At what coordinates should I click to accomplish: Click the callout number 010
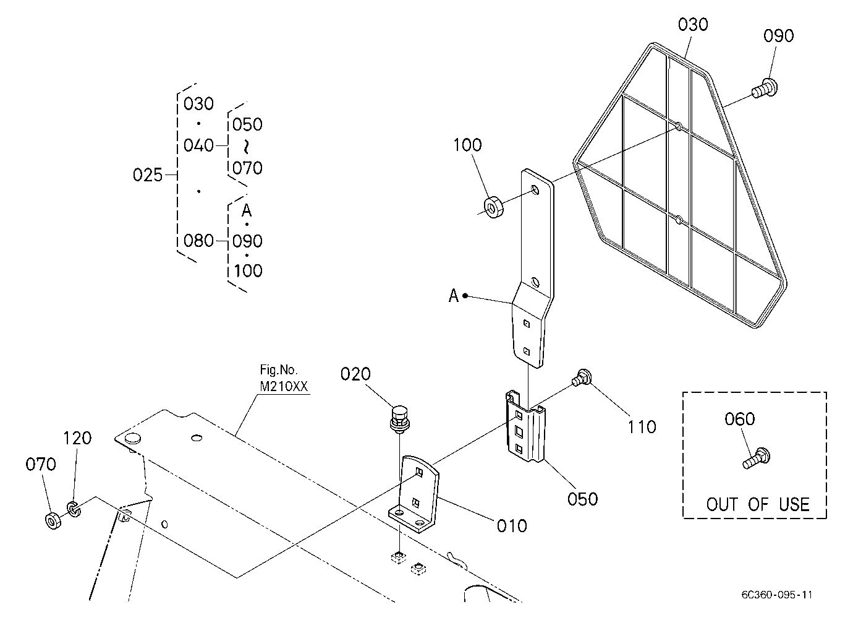click(x=511, y=526)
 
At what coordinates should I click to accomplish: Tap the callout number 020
click(x=355, y=374)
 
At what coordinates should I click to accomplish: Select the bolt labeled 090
click(x=765, y=88)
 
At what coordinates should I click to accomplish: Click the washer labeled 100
click(x=494, y=207)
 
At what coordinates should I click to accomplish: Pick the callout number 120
click(x=77, y=438)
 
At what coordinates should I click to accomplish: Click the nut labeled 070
click(x=54, y=521)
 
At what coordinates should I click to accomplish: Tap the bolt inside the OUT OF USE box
click(x=757, y=459)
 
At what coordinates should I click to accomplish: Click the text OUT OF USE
click(x=758, y=504)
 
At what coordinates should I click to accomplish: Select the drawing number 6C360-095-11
click(x=777, y=595)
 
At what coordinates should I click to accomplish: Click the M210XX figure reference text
click(x=284, y=386)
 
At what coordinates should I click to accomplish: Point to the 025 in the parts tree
click(x=148, y=175)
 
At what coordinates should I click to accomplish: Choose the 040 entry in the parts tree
click(x=198, y=145)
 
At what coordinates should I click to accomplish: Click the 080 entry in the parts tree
click(x=198, y=241)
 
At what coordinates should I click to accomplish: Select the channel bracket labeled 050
click(x=525, y=426)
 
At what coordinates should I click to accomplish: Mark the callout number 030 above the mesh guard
click(x=693, y=24)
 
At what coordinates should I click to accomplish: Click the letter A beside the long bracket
click(x=453, y=296)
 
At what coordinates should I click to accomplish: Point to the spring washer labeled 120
click(x=74, y=509)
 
